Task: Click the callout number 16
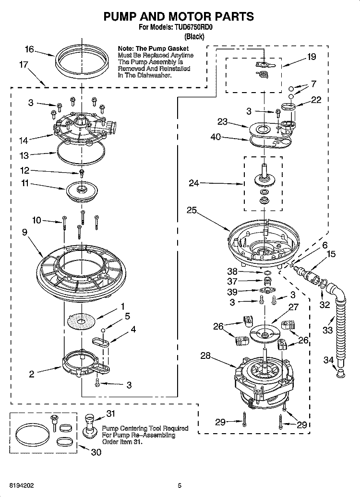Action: pos(29,49)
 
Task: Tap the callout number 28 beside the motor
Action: pos(206,356)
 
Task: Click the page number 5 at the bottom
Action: pos(180,485)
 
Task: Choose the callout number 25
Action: pos(191,210)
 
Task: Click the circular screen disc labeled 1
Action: pos(81,320)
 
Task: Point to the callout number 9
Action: pos(25,232)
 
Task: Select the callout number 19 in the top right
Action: pos(311,57)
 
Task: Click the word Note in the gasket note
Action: pos(125,49)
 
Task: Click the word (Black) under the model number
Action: pos(194,36)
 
